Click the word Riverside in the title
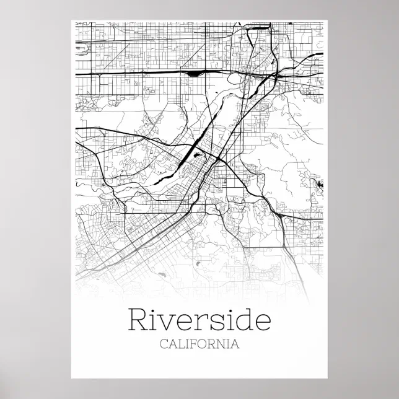point(199,321)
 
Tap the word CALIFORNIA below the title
point(199,344)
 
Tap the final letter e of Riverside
point(263,323)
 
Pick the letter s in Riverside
point(217,323)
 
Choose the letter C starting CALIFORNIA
point(164,344)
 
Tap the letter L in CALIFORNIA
point(183,344)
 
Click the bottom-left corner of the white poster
point(72,377)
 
